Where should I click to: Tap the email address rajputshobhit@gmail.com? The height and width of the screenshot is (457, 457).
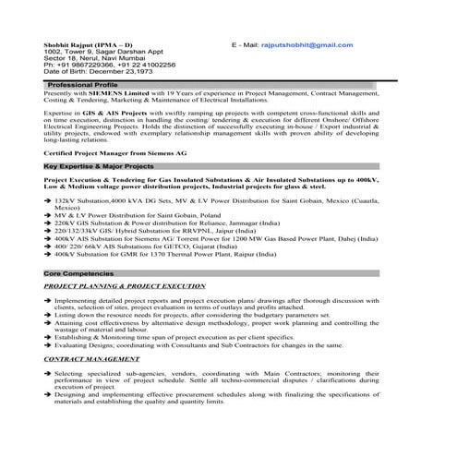click(x=307, y=44)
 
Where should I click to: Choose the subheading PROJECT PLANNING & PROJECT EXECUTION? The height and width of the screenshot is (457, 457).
click(x=124, y=287)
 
